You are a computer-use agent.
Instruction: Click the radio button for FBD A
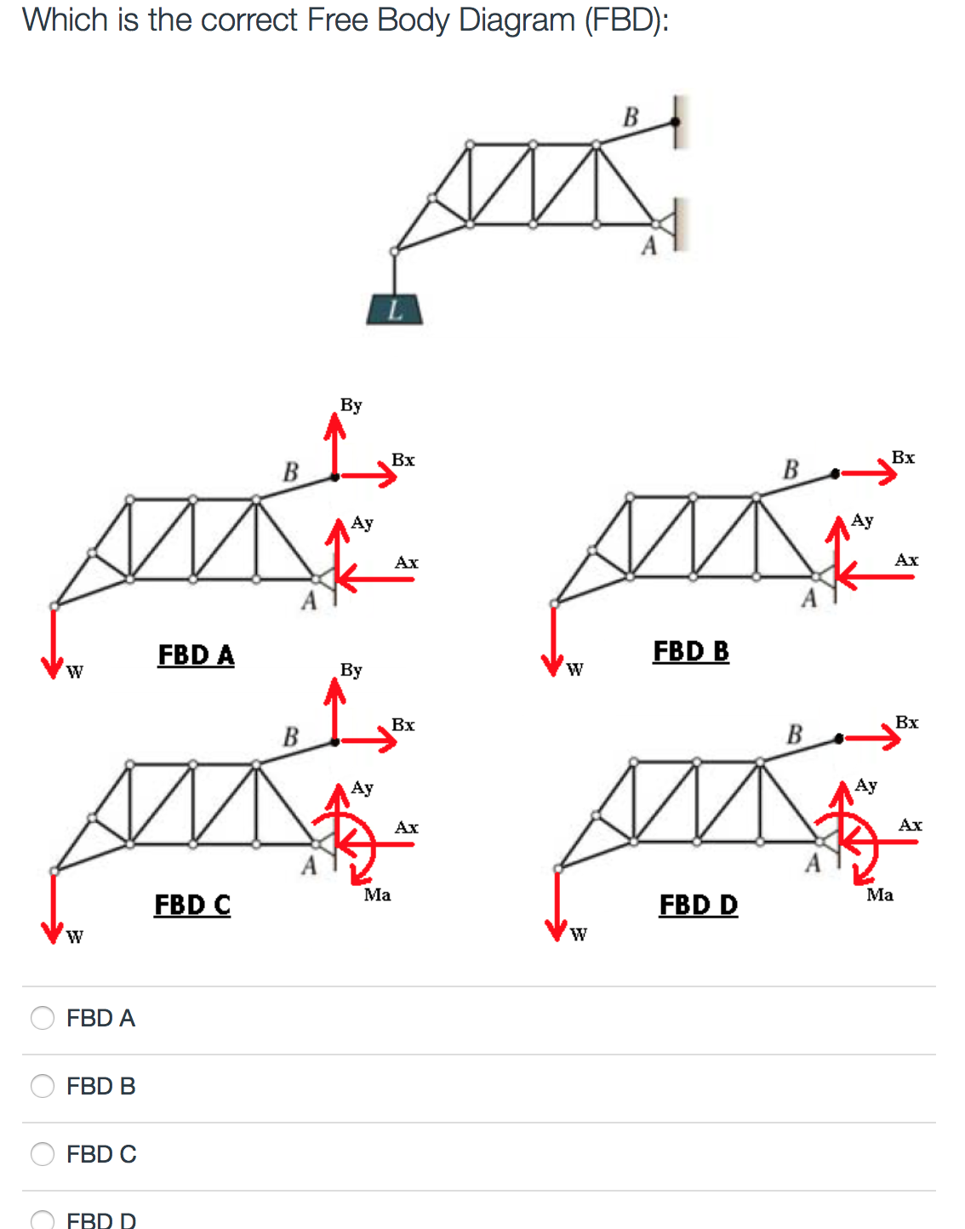[x=43, y=1018]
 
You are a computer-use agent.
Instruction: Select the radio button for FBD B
[x=43, y=1086]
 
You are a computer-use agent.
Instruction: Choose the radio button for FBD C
[x=43, y=1154]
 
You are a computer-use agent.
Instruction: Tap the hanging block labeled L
[x=394, y=310]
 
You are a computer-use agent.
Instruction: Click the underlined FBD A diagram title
[x=196, y=655]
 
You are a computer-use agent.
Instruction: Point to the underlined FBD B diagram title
[x=691, y=651]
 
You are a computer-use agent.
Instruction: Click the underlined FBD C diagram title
[x=192, y=905]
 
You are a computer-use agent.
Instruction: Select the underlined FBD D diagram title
[x=699, y=905]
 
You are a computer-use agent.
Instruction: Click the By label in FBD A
[x=351, y=405]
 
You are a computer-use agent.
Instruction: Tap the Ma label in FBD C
[x=377, y=895]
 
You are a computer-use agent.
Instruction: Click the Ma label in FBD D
[x=880, y=895]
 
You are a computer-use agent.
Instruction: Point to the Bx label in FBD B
[x=903, y=458]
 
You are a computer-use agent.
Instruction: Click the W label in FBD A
[x=75, y=672]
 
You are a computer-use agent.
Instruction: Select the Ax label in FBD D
[x=910, y=825]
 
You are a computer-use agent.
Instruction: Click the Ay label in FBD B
[x=862, y=520]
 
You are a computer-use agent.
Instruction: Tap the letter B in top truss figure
[x=631, y=117]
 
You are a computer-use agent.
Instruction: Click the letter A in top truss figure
[x=649, y=247]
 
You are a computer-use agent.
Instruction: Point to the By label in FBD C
[x=351, y=671]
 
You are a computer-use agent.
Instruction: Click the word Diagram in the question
[x=517, y=20]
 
